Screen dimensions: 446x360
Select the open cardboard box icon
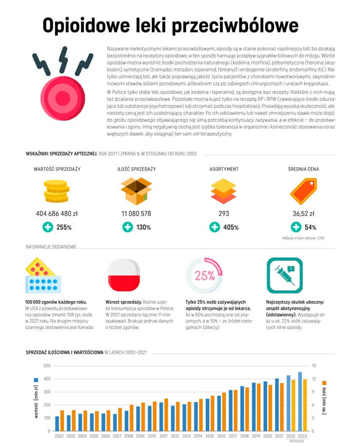point(136,191)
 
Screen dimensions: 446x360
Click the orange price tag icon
point(303,191)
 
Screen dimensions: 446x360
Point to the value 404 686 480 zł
point(57,213)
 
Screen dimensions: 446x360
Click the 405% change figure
point(231,227)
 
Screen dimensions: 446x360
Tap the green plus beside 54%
point(296,227)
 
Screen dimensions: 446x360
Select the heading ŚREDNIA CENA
point(303,169)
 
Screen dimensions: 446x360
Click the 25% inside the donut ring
point(204,275)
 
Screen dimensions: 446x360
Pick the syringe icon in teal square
point(284,275)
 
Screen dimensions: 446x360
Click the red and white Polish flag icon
point(124,275)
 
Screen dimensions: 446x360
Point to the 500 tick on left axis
point(47,366)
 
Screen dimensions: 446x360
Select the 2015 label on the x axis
point(210,436)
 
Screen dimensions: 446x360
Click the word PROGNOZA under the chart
point(296,441)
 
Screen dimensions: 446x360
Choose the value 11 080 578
point(136,213)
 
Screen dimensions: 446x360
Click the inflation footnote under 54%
point(303,238)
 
